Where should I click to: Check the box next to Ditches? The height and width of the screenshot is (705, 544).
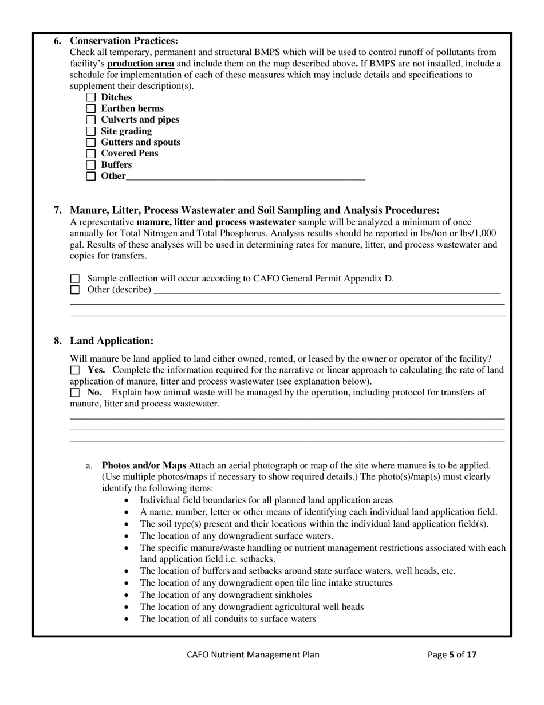pos(91,97)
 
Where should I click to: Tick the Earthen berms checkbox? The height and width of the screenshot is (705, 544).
pos(91,109)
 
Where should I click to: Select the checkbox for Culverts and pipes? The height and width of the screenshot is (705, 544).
pos(91,120)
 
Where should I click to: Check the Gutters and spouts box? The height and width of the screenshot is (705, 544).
pos(91,142)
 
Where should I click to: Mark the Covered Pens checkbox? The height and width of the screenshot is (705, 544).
pos(91,154)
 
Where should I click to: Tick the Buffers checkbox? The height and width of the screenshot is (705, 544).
pos(91,165)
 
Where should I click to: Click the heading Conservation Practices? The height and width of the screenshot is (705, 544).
pos(124,41)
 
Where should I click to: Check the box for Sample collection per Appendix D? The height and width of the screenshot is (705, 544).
pos(75,279)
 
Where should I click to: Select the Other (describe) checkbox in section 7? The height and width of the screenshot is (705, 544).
pos(75,289)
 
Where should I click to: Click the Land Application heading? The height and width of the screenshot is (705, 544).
pos(112,341)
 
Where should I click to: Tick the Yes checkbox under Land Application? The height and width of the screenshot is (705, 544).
pos(75,370)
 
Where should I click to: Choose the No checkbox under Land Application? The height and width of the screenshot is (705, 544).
pos(75,393)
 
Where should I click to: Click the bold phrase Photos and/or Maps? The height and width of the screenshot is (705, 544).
pos(144,465)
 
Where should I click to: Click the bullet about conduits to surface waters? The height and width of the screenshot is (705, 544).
pos(227,618)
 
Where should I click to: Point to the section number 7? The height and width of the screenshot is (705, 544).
pos(58,210)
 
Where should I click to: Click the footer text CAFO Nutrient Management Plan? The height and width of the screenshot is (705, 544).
pos(253,655)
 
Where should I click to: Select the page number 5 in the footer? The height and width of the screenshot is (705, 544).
pos(451,655)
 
